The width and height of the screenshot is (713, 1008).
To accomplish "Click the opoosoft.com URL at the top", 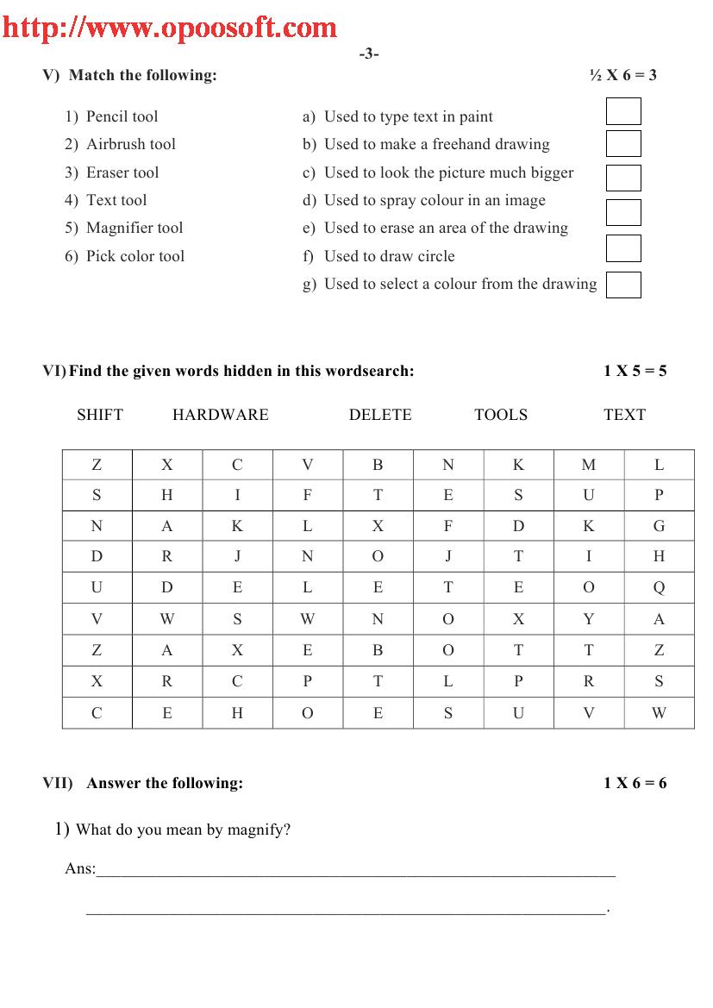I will [x=170, y=27].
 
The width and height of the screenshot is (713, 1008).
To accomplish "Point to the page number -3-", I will [x=369, y=53].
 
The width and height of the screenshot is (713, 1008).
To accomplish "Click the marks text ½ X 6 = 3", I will [x=622, y=75].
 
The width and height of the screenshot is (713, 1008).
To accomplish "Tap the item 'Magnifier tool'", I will [x=134, y=228].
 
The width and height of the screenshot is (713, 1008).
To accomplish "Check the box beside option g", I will [x=623, y=285].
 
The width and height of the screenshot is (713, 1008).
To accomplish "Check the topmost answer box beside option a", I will [x=623, y=111].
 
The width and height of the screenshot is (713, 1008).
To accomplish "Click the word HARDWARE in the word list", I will [x=221, y=415].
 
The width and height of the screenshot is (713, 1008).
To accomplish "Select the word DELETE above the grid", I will [x=380, y=415].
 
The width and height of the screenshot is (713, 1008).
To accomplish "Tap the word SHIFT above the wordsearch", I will [x=100, y=415].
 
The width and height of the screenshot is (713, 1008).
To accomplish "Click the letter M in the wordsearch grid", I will [x=589, y=465].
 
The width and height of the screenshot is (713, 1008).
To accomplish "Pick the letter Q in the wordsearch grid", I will [x=660, y=588].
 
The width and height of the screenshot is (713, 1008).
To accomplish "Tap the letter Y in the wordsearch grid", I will [x=589, y=619].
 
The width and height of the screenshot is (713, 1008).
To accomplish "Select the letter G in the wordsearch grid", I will [x=660, y=526].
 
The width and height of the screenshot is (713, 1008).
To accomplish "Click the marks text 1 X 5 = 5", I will [x=635, y=372].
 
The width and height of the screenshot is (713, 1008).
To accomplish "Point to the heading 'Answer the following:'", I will [x=165, y=783].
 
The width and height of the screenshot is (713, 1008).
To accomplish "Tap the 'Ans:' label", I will [x=80, y=868].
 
